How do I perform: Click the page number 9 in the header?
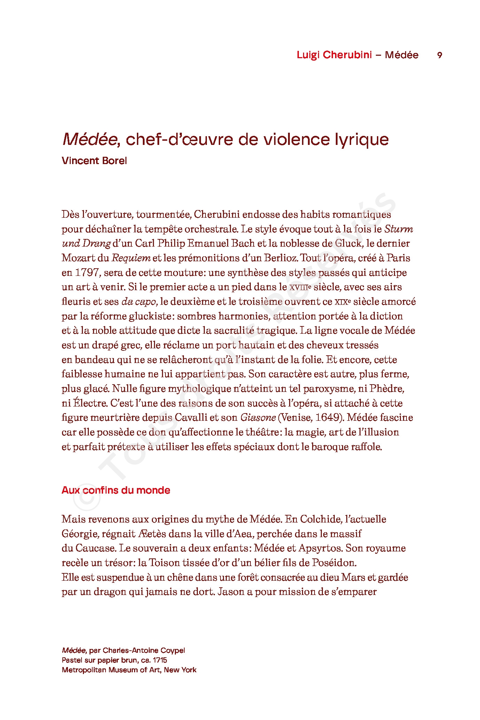[x=440, y=55]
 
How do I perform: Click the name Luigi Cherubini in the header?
[x=334, y=55]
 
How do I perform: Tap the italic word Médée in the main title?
[x=89, y=140]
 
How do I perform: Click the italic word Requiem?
[x=131, y=258]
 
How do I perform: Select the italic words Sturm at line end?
[x=398, y=229]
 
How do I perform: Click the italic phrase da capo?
[x=138, y=302]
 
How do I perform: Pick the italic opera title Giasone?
[x=258, y=418]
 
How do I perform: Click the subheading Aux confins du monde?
[x=116, y=490]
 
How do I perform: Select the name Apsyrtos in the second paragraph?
[x=320, y=548]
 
